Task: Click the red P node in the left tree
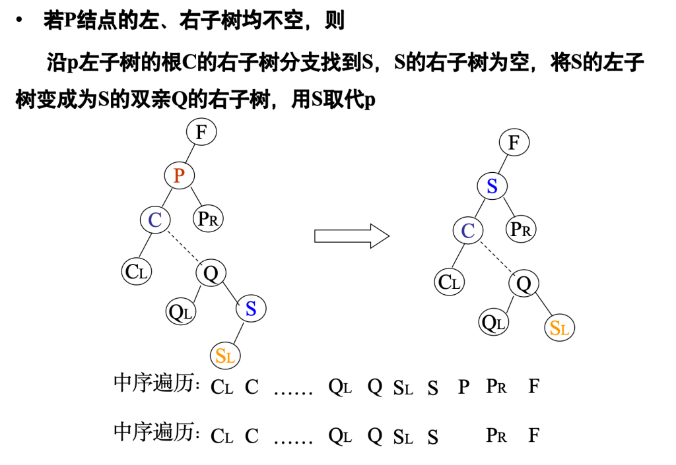178,175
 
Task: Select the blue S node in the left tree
251,308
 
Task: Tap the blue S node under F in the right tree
492,186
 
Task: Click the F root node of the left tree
201,133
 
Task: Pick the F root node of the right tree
514,142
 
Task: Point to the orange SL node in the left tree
225,356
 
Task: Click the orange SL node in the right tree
560,327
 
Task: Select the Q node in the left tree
211,272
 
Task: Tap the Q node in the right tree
524,284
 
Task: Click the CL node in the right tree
450,282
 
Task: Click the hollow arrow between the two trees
351,235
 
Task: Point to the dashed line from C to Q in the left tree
183,246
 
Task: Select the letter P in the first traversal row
463,387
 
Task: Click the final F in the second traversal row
533,435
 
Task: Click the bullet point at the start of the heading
19,20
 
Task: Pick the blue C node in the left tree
155,219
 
